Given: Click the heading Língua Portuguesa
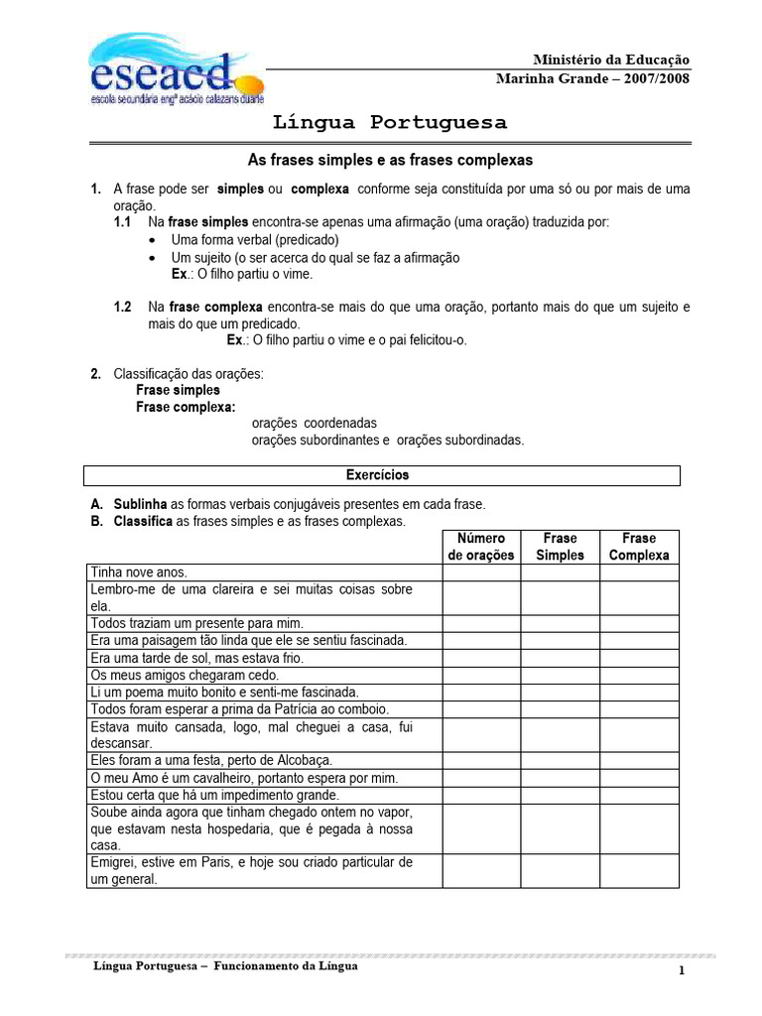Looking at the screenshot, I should click(x=390, y=123).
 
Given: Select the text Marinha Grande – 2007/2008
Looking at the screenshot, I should click(x=592, y=79).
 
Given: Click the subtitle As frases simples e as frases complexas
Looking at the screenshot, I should click(x=390, y=159).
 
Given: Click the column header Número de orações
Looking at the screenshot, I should click(x=481, y=547).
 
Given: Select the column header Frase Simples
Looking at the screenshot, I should click(x=560, y=547).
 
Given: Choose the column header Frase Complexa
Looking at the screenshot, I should click(x=639, y=547).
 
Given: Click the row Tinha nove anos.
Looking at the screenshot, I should click(x=139, y=572).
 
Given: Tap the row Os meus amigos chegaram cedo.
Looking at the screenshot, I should click(x=171, y=675).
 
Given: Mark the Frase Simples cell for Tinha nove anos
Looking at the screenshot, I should click(x=560, y=572).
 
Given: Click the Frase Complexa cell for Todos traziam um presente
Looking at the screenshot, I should click(x=639, y=623).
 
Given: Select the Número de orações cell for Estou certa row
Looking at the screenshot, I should click(x=481, y=795).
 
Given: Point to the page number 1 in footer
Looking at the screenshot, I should click(x=683, y=971).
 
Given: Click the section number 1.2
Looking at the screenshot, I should click(x=123, y=308).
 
